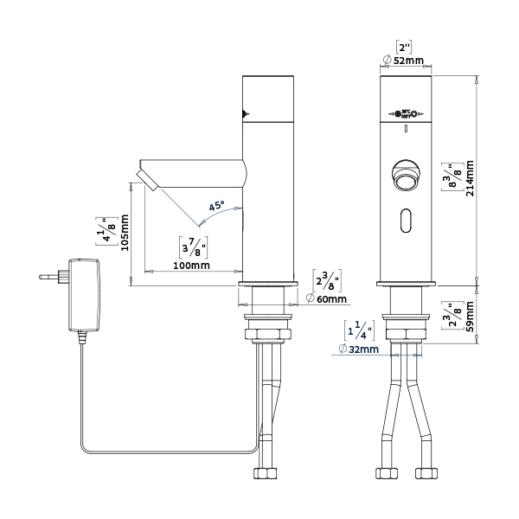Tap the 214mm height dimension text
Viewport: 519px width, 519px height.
471,178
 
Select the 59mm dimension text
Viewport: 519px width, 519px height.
471,317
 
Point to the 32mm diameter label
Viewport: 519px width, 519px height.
358,349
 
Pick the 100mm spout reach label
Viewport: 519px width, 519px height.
192,265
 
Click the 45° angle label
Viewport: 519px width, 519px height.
214,207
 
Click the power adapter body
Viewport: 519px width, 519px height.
84,294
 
